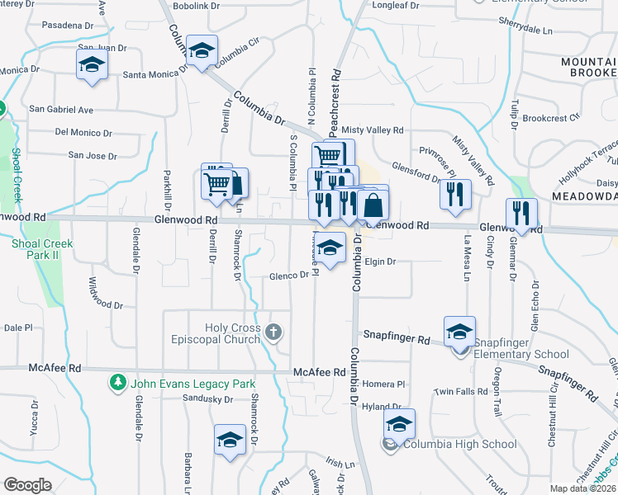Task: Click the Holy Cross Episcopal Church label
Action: pos(223,333)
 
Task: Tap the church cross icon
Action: pos(274,333)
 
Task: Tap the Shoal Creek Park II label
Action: pos(42,250)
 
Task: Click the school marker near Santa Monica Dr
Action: pos(92,64)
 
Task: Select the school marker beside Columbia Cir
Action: pos(202,50)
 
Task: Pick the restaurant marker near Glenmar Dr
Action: pos(521,213)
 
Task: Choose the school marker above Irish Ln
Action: pos(230,439)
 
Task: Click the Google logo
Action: pos(27,485)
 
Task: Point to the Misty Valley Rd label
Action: pos(373,130)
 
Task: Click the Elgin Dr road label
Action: pos(381,262)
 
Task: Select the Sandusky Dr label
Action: pos(207,399)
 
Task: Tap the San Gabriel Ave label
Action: pos(61,109)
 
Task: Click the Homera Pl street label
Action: pos(384,384)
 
